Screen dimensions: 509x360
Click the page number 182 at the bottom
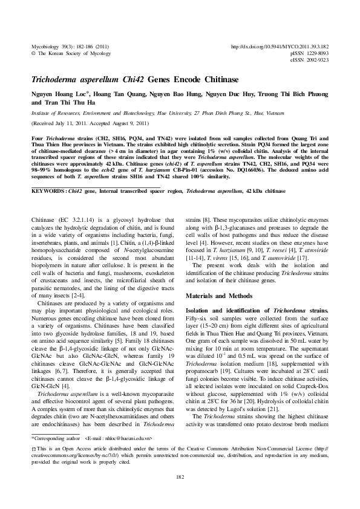(180, 478)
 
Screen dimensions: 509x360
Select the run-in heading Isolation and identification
(227, 310)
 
